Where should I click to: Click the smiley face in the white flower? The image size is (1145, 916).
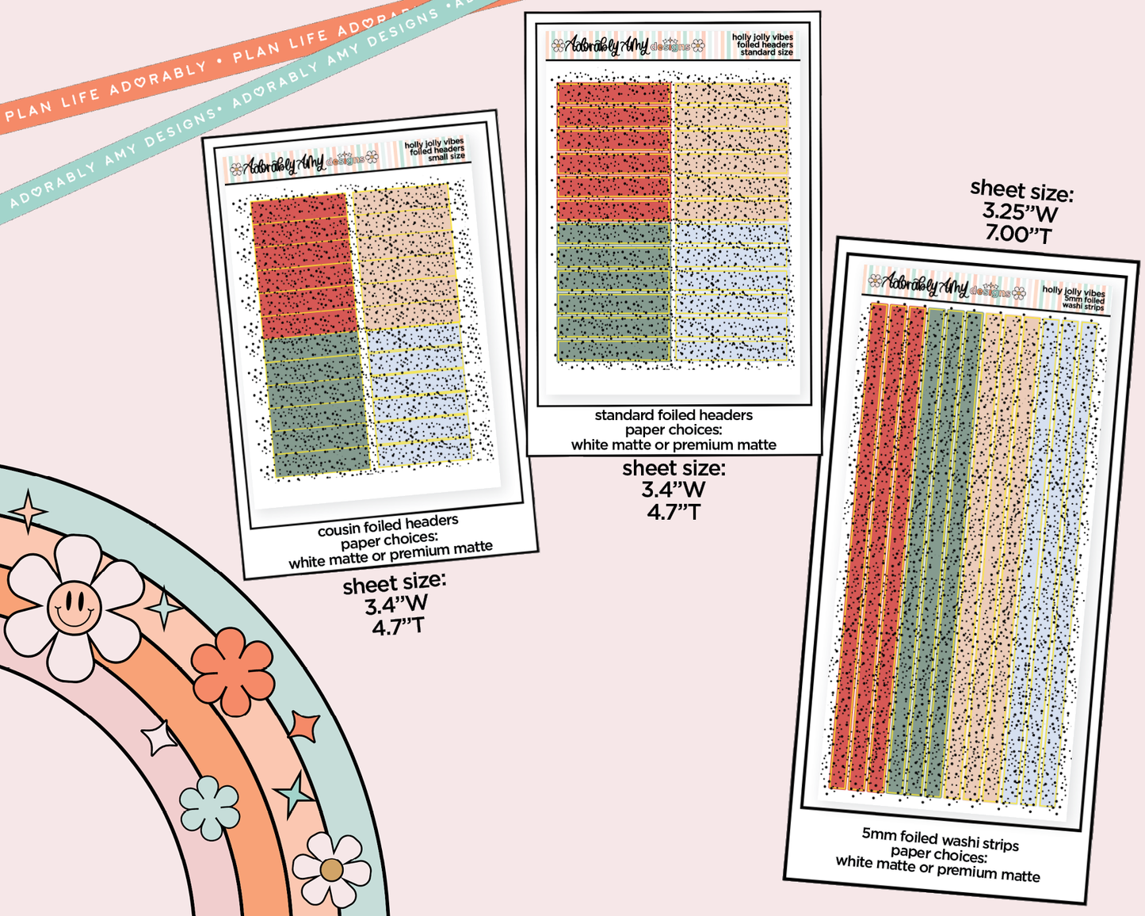point(74,607)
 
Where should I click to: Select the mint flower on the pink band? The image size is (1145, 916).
point(209,807)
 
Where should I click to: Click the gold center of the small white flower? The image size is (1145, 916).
point(331,870)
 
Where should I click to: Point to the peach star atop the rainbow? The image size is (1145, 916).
point(29,511)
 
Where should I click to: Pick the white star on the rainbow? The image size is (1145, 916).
point(159,739)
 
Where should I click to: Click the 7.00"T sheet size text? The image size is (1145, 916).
point(1018,235)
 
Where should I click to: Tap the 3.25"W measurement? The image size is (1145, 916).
point(1020,212)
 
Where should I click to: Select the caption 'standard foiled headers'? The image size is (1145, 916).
point(674,415)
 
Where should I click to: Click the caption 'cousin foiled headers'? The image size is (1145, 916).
point(387,526)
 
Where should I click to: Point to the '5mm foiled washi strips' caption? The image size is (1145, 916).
point(940,838)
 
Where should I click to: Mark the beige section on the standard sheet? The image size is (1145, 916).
point(731,151)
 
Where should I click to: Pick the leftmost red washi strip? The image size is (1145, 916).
point(849,547)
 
